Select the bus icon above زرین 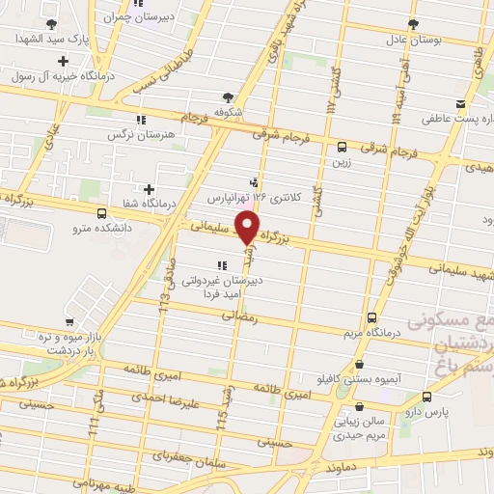(343, 148)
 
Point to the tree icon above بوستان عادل (413, 23)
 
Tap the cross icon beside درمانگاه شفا (148, 189)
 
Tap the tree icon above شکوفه (228, 96)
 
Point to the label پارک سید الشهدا (55, 40)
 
